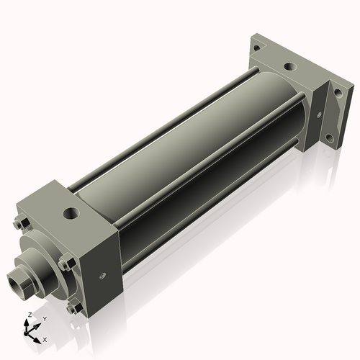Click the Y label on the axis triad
(45, 318)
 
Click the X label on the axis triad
(45, 338)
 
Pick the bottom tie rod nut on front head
(73, 309)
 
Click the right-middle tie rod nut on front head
(66, 264)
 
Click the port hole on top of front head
(71, 213)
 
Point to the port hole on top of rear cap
(289, 67)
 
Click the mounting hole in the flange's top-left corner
(255, 48)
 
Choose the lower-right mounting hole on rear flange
(329, 137)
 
